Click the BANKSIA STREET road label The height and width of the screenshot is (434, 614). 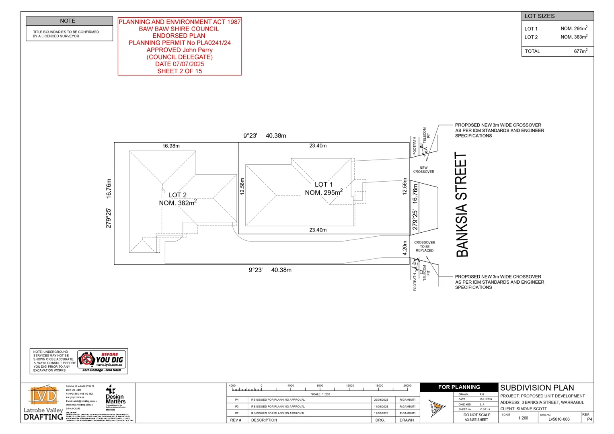tap(462, 205)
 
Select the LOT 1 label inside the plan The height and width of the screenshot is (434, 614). tap(323, 184)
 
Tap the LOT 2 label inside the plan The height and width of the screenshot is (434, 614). tap(177, 195)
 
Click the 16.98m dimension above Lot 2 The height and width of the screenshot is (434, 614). tap(171, 146)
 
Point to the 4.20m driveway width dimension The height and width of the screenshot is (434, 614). tap(405, 248)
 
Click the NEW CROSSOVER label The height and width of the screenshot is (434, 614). tap(423, 170)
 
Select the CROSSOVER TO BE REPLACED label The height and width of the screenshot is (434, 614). tap(425, 246)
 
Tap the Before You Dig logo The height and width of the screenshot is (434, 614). tap(102, 361)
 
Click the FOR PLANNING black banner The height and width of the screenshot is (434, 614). tap(459, 387)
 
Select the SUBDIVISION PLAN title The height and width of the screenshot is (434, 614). tap(537, 388)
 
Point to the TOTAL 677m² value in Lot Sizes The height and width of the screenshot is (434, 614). tap(580, 51)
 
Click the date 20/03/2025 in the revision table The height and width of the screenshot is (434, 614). tap(381, 400)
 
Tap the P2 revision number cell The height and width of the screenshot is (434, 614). tap(237, 413)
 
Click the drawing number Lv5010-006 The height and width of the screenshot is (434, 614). tap(559, 419)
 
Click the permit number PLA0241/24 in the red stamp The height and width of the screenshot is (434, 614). tap(214, 43)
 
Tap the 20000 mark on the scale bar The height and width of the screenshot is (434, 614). tap(407, 386)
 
